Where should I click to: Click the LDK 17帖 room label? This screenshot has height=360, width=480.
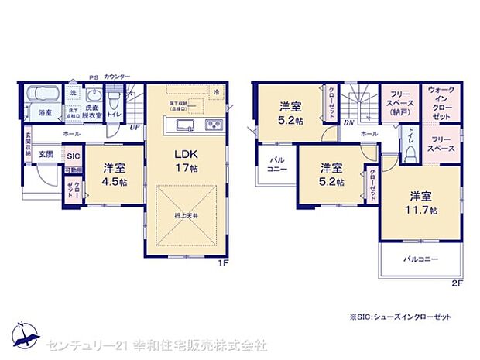(x=186, y=158)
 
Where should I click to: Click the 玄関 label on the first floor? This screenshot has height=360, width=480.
(x=46, y=154)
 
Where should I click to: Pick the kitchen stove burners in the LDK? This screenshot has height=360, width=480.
(x=211, y=125)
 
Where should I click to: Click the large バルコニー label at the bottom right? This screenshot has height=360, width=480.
(x=420, y=259)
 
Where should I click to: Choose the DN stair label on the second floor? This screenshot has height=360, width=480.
(x=348, y=122)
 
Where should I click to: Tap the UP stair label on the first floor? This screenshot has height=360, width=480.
(x=135, y=128)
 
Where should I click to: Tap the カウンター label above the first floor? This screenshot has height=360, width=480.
(x=117, y=77)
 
